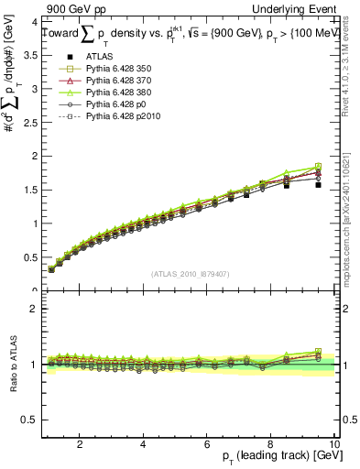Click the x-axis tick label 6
pyautogui.click(x=207, y=444)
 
